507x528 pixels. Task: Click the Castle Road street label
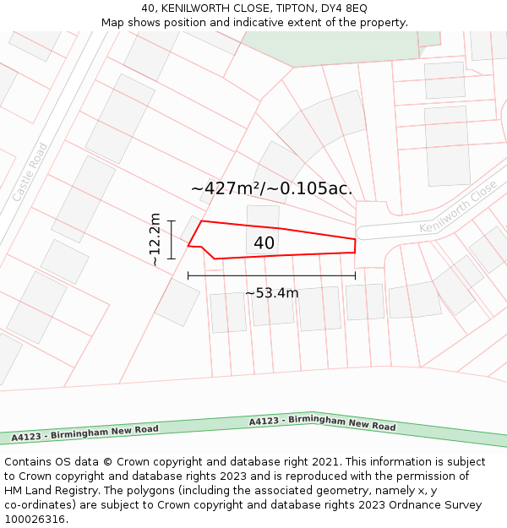[x=30, y=172]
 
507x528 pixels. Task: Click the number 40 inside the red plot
[x=264, y=243]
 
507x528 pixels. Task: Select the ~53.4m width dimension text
[x=271, y=293]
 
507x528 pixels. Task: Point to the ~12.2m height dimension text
[x=155, y=239]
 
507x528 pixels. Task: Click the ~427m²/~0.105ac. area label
[x=271, y=188]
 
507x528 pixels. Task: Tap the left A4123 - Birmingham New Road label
[x=84, y=433]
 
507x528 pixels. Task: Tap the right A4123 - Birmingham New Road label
[x=322, y=423]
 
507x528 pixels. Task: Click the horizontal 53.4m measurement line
[x=271, y=275]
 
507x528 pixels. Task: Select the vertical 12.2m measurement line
[x=171, y=240]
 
